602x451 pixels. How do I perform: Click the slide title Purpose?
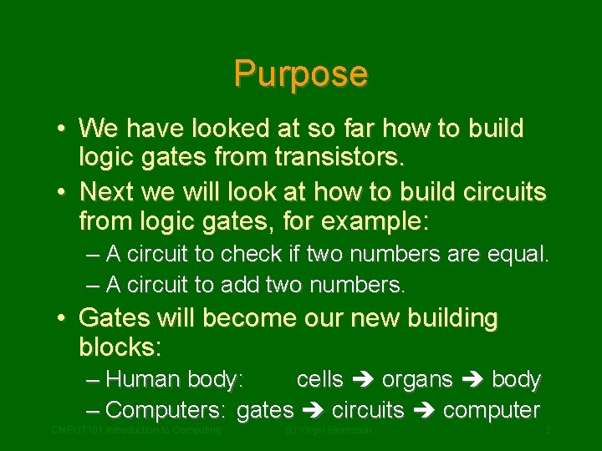pos(301,73)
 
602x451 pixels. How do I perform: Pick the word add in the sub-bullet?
pos(240,285)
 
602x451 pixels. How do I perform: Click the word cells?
pos(320,379)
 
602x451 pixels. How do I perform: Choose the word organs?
pos(417,379)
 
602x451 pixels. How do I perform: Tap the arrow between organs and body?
pos(472,380)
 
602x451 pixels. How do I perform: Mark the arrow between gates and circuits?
pos(314,411)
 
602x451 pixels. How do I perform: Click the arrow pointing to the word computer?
pos(423,411)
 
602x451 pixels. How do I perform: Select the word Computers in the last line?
pos(165,410)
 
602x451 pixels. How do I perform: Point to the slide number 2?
pos(548,430)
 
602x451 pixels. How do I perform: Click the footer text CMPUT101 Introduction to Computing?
pos(136,430)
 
